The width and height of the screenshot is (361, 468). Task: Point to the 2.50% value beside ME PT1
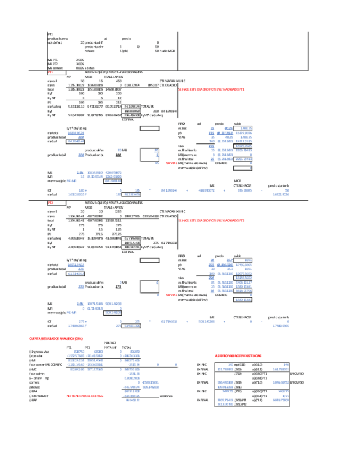click(79, 60)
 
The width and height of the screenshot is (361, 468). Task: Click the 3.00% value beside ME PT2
click(79, 63)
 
